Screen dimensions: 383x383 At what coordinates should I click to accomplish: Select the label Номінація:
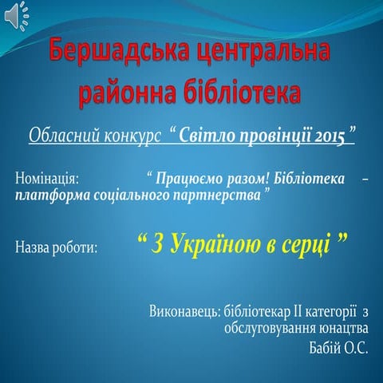(47, 180)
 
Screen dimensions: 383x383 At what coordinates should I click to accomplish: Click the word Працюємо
(186, 180)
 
